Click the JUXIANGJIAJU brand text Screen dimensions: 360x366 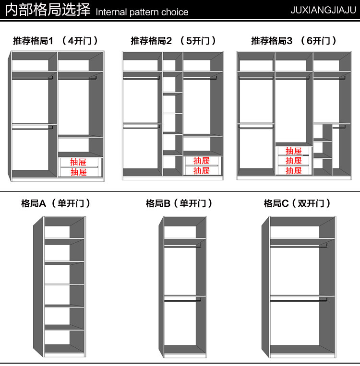point(323,10)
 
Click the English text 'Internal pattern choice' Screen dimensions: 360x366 point(142,12)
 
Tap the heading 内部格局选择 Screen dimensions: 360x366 point(48,10)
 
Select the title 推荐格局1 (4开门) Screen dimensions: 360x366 point(56,41)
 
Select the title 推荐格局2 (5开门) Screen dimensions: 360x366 point(173,41)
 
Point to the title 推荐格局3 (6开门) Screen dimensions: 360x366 point(294,41)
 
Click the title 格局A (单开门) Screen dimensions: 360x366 point(56,203)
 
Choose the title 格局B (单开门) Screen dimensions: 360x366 point(179,203)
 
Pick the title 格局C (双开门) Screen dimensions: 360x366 point(297,203)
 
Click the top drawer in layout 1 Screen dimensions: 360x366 point(79,162)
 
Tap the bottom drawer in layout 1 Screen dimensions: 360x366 point(79,172)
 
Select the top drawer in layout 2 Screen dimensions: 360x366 point(202,161)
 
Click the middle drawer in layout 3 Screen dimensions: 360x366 point(293,161)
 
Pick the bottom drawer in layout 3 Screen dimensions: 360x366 point(293,170)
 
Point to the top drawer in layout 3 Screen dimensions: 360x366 point(293,151)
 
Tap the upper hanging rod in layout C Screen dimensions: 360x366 point(299,246)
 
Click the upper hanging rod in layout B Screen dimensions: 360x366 point(182,246)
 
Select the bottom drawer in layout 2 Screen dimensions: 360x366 point(202,171)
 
